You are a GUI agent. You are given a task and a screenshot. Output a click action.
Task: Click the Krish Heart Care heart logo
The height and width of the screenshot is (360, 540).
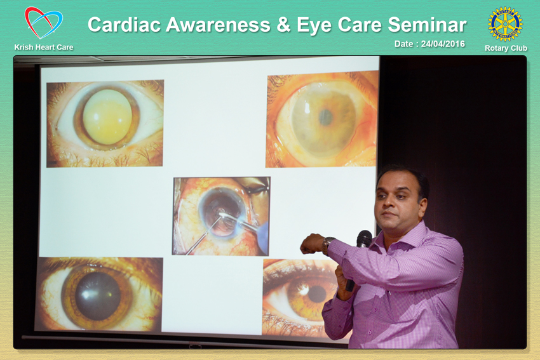(44, 23)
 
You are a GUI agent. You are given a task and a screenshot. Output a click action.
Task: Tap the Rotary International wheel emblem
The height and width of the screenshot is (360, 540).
(505, 24)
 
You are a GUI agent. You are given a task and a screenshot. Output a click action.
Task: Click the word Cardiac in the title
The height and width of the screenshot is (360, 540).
(125, 25)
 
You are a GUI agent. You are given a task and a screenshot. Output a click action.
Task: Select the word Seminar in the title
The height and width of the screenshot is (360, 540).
(427, 25)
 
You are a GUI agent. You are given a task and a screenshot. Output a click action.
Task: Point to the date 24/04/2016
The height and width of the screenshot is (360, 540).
(443, 44)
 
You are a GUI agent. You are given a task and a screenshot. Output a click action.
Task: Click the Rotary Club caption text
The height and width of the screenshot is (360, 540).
(506, 48)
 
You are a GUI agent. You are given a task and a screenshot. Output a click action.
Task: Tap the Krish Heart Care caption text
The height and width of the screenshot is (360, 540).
(44, 47)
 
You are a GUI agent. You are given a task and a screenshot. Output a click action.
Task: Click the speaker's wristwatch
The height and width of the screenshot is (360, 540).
(327, 245)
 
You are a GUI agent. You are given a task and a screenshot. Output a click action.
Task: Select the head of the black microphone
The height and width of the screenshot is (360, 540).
(364, 239)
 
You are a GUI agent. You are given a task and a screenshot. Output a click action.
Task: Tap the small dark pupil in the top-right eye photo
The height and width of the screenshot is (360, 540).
(325, 117)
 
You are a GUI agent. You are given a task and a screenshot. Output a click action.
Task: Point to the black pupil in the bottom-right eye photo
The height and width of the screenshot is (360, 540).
(317, 294)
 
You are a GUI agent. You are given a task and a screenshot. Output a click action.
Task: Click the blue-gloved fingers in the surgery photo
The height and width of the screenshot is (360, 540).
(263, 237)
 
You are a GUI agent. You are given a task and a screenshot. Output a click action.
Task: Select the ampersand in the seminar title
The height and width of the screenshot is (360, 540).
(283, 25)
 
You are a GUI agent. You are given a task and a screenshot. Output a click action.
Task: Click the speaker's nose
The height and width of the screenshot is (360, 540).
(389, 202)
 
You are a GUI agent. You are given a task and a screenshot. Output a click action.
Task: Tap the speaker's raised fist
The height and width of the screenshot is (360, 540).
(312, 244)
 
